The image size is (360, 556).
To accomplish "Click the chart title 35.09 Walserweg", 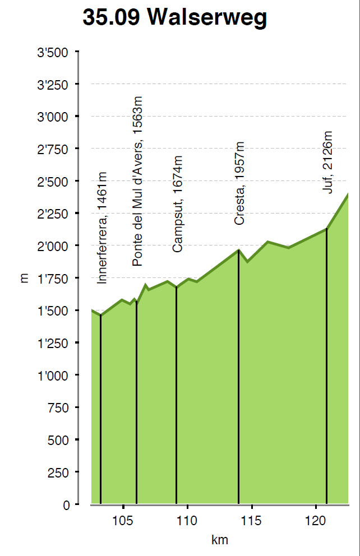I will (174, 18).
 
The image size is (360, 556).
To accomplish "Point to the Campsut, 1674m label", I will (178, 204).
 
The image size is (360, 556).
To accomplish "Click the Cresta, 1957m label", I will (239, 183).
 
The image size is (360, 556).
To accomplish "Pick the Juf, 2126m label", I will (327, 163).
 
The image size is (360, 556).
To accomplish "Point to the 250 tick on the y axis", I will (58, 472).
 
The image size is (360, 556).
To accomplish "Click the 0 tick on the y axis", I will (67, 505).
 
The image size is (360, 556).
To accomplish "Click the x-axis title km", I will (219, 541).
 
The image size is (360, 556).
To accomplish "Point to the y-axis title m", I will (24, 279).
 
